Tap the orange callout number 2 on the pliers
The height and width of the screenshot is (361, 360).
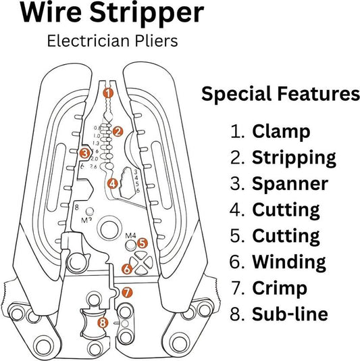click(118, 132)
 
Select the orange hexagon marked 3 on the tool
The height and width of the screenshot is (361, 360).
click(84, 153)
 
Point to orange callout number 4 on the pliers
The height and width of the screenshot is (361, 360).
click(112, 183)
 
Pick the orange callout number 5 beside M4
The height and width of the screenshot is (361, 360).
click(142, 243)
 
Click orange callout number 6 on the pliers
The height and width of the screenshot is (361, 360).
click(126, 269)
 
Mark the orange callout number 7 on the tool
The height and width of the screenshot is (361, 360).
click(128, 293)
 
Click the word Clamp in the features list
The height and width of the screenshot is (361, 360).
click(281, 131)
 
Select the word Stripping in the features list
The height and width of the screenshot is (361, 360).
click(294, 158)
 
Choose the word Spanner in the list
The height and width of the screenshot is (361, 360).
click(290, 183)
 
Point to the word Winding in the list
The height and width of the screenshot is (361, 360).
click(289, 261)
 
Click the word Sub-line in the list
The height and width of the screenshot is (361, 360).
click(290, 314)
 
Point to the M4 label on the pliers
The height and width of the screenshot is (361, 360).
click(132, 235)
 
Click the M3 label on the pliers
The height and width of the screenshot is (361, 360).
click(87, 219)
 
